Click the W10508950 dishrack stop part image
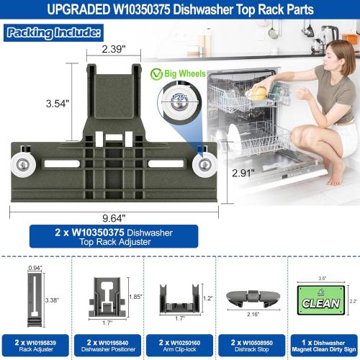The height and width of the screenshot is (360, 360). pos(249,297)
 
